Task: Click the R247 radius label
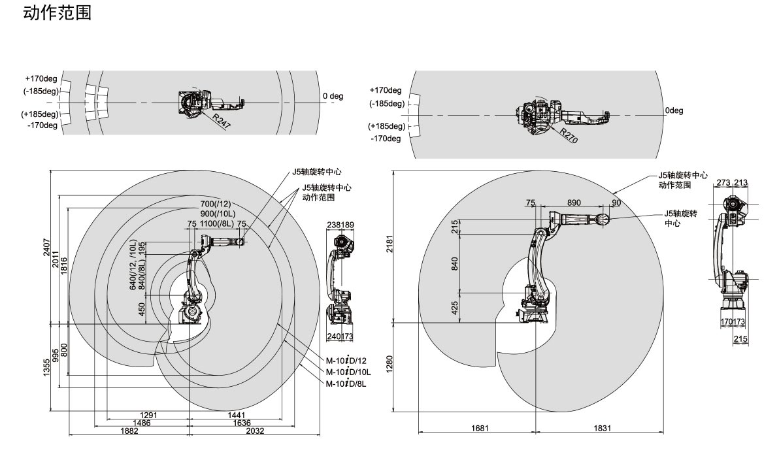(x=221, y=122)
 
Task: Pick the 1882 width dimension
(x=129, y=431)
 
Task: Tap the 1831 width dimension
(x=602, y=428)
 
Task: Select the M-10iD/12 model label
(x=347, y=361)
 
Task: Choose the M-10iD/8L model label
(x=347, y=384)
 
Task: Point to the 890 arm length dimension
(x=574, y=203)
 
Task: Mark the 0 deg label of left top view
(x=333, y=96)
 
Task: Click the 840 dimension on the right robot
(x=454, y=263)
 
